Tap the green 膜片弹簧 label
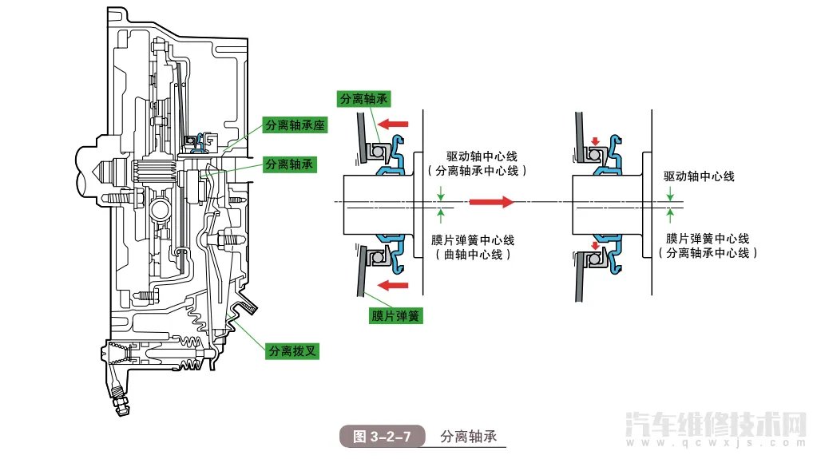click(x=395, y=316)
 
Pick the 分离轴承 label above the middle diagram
click(x=364, y=99)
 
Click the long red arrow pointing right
click(x=491, y=203)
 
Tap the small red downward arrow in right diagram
click(x=594, y=142)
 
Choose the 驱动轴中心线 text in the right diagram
click(x=699, y=176)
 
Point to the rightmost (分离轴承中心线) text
click(x=708, y=252)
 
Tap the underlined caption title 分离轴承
click(x=468, y=437)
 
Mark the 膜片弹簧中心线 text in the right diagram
click(x=708, y=238)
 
